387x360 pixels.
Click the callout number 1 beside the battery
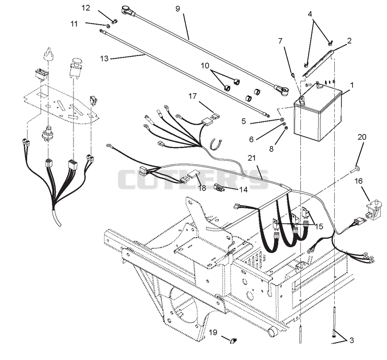(352, 85)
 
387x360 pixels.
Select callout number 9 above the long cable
(178, 9)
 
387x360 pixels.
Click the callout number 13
(104, 58)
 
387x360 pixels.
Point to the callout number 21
(252, 158)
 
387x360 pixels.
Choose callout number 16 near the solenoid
(358, 181)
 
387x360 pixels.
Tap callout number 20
(362, 137)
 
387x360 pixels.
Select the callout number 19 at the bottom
(213, 332)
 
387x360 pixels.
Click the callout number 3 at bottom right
(352, 340)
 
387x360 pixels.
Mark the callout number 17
(193, 96)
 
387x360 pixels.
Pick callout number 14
(243, 189)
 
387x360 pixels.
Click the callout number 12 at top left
(86, 8)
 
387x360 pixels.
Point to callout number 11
(74, 24)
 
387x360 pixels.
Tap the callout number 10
(205, 66)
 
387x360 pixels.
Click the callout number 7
(280, 41)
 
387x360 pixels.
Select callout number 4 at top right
(310, 14)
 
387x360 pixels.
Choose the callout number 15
(319, 226)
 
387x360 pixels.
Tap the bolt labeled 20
(355, 170)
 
